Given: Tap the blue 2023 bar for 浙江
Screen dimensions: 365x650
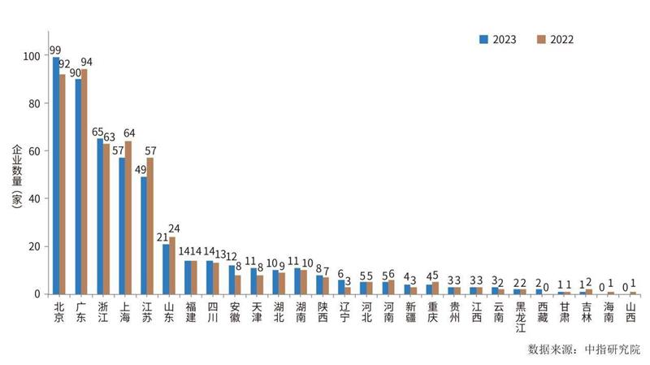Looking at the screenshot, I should point(100,215).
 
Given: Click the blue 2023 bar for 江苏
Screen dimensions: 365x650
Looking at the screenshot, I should point(144,235).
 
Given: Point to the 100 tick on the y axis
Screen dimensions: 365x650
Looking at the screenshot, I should point(32,56).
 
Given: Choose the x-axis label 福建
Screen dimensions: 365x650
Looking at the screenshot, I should point(191,312).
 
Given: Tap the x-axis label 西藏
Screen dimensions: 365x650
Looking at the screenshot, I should point(542,312).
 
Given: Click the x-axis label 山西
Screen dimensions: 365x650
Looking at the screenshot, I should point(630,312).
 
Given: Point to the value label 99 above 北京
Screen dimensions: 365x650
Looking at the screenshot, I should point(56,50).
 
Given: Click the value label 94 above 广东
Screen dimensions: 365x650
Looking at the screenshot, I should point(86,62).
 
